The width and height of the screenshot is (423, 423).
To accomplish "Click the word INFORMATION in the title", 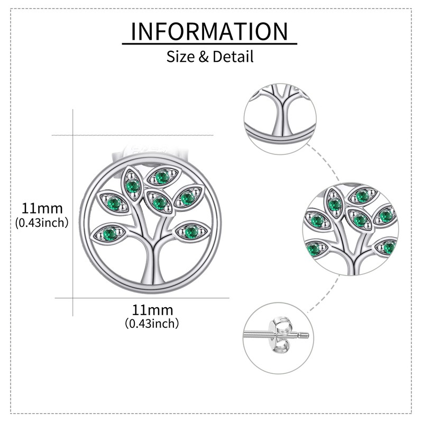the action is (x=209, y=31).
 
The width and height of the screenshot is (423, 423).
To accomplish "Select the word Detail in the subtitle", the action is (x=233, y=56).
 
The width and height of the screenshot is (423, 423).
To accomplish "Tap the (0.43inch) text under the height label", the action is (x=42, y=223).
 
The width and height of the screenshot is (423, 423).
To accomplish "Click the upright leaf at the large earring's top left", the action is (x=132, y=185).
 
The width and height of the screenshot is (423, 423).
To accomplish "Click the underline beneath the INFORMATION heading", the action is (x=209, y=44).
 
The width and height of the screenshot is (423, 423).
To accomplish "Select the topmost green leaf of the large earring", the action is (x=162, y=175).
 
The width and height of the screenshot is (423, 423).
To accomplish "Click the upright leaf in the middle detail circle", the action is (x=334, y=203).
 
